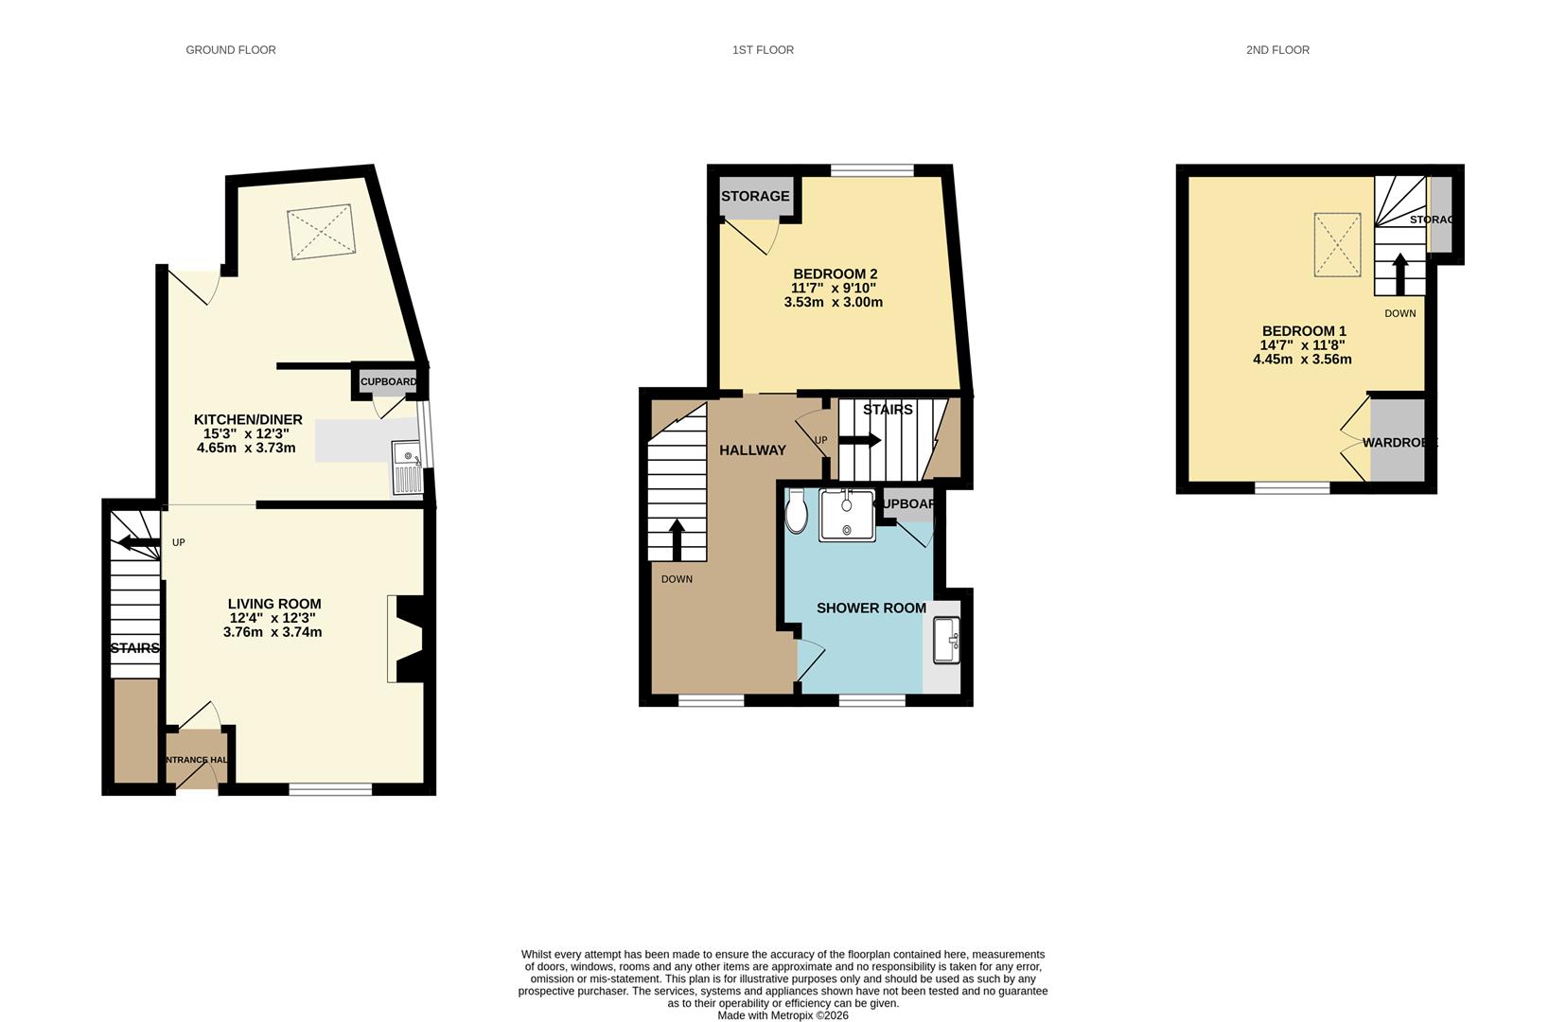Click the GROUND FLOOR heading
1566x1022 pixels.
230,50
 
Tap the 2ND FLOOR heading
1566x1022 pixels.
1277,50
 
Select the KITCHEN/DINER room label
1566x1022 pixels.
248,420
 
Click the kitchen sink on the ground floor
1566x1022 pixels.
408,467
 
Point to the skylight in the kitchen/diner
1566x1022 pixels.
322,232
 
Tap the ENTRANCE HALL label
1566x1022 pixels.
197,760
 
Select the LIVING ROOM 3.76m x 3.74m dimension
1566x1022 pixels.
273,632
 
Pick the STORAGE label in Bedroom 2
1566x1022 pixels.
755,196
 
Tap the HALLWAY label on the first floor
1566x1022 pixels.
752,450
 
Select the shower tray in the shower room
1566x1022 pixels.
847,515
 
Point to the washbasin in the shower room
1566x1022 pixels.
945,640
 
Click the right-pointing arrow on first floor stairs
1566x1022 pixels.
860,440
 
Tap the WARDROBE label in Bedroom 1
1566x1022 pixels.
1399,442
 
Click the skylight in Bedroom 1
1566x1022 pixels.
1337,245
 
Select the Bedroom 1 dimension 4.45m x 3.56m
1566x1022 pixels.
1302,360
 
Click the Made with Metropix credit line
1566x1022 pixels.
783,1015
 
